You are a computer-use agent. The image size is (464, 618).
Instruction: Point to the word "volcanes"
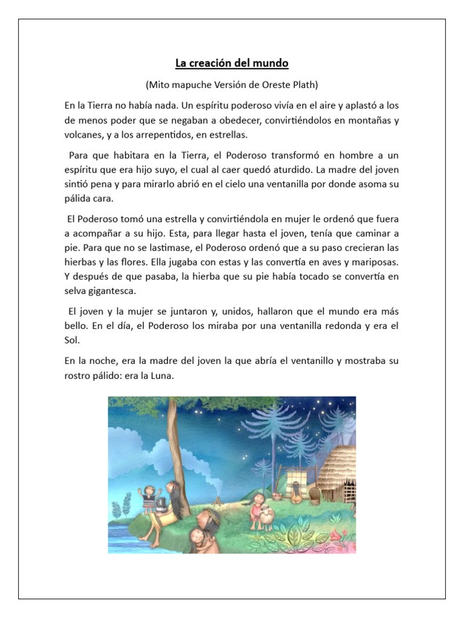83,135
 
